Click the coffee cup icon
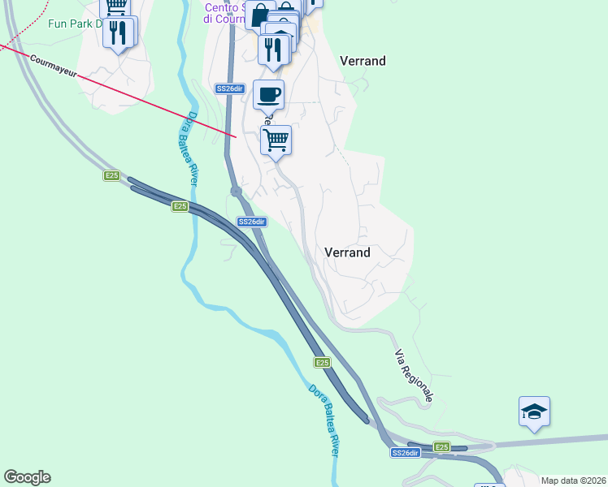[269, 95]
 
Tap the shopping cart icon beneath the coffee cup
[276, 140]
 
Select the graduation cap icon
[535, 412]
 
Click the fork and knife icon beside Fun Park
[119, 32]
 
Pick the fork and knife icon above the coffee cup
[275, 49]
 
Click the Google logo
[27, 477]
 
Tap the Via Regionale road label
[414, 376]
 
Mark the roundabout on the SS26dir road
[236, 192]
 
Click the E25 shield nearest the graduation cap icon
[441, 447]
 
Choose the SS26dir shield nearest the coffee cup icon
[230, 88]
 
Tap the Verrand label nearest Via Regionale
[347, 252]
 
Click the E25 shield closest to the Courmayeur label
[112, 175]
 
